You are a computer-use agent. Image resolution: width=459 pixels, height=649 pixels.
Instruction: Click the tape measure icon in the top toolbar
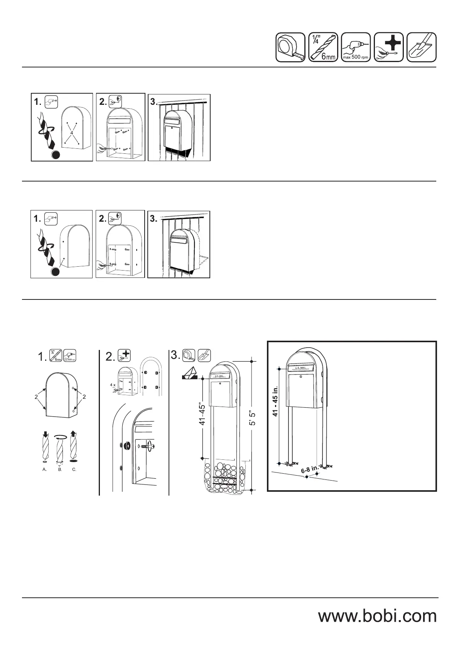pos(290,47)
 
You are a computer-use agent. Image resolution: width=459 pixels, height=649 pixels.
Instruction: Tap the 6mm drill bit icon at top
pos(323,47)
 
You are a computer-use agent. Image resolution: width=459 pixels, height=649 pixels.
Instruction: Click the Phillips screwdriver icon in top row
pos(389,47)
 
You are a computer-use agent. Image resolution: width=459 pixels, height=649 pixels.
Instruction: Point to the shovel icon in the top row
pos(422,47)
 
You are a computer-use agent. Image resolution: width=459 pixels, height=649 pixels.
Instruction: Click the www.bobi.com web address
pos(377,615)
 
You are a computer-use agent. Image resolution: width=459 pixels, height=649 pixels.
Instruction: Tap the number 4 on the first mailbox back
pos(72,133)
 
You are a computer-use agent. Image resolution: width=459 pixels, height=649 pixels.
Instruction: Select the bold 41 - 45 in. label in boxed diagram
pos(275,402)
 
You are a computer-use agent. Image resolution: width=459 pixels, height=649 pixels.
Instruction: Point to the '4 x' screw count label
pos(112,385)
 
